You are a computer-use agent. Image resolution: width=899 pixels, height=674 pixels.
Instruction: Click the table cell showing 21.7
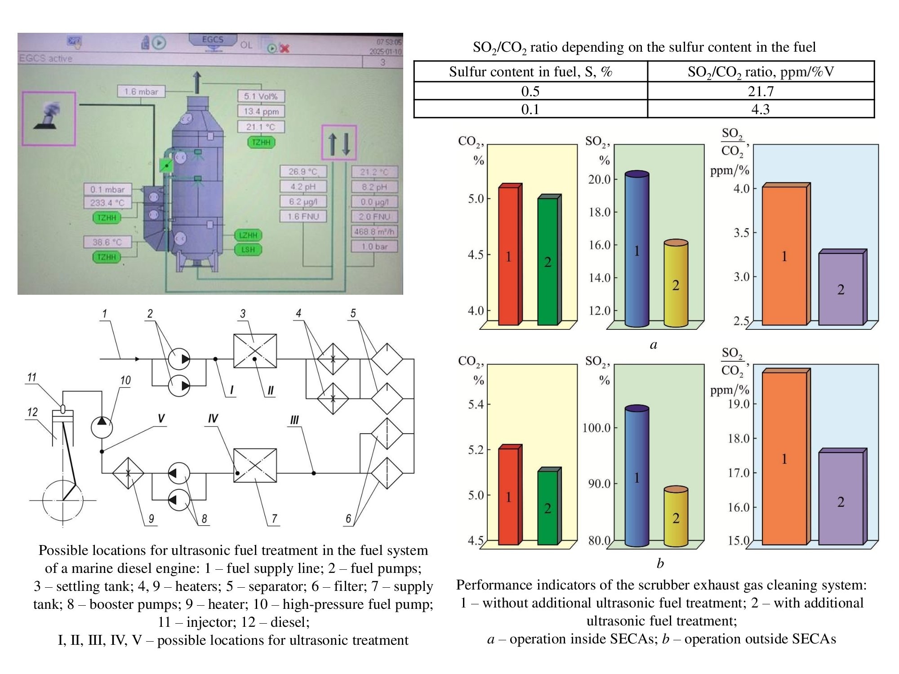coord(761,91)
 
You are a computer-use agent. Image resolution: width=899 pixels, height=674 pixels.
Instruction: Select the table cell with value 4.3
coord(761,109)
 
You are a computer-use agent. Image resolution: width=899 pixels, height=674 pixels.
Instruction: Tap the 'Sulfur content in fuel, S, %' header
coord(530,71)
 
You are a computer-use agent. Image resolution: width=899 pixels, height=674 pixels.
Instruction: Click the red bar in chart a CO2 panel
coord(508,256)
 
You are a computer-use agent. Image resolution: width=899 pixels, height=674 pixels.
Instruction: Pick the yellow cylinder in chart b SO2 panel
coord(676,517)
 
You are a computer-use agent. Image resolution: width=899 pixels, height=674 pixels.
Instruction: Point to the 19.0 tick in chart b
coord(739,404)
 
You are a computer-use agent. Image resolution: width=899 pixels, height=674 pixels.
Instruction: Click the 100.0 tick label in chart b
coord(596,427)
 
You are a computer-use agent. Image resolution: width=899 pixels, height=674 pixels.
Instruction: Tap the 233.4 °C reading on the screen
coord(107,203)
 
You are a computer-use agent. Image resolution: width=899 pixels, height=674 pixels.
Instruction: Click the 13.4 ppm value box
coord(261,111)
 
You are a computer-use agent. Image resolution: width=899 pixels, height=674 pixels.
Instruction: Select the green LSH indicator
coord(248,250)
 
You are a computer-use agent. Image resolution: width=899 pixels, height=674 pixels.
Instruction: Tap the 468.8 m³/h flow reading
coord(374,232)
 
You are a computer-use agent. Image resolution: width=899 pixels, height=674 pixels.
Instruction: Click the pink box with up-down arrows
coord(339,143)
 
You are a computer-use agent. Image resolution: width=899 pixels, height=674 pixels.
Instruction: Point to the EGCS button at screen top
coord(213,40)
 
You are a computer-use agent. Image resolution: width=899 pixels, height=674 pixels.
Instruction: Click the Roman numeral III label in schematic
coord(294,420)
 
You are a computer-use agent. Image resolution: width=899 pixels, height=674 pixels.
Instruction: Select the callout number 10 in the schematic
coord(125,381)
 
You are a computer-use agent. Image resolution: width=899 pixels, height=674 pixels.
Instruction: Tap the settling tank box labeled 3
coord(255,351)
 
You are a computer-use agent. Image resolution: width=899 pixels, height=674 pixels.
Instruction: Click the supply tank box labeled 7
coord(255,466)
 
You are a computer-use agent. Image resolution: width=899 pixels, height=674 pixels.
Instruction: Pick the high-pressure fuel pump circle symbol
coord(102,426)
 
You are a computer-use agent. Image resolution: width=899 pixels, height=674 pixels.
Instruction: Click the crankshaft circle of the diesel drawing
coord(63,500)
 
